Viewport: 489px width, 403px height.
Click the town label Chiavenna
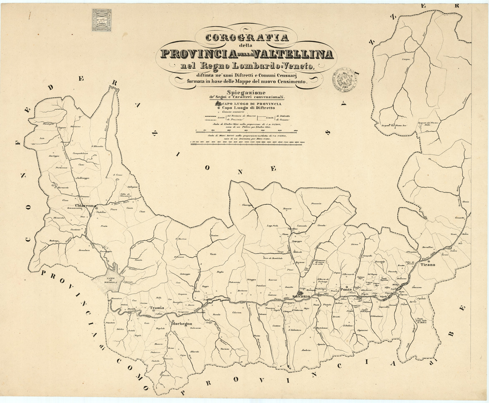[x=85, y=206]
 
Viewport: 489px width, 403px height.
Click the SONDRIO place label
[x=301, y=296]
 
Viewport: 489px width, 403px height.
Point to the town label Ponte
[x=346, y=289]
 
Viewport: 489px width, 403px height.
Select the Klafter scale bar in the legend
[x=246, y=131]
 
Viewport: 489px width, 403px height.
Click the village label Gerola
[x=166, y=375]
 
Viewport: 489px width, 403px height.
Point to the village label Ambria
[x=307, y=350]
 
